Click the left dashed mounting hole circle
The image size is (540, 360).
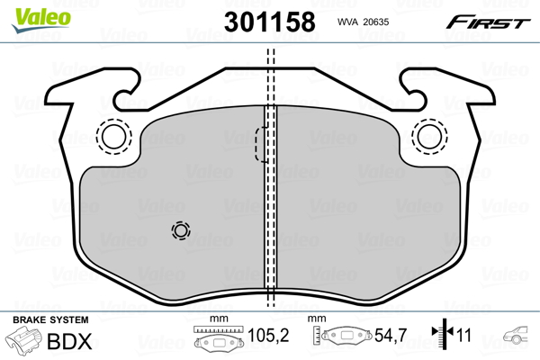click(113, 136)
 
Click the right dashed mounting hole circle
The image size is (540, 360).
click(427, 136)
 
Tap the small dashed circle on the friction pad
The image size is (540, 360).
click(181, 231)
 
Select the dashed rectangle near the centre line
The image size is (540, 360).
click(260, 144)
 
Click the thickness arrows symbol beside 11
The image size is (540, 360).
click(440, 336)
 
